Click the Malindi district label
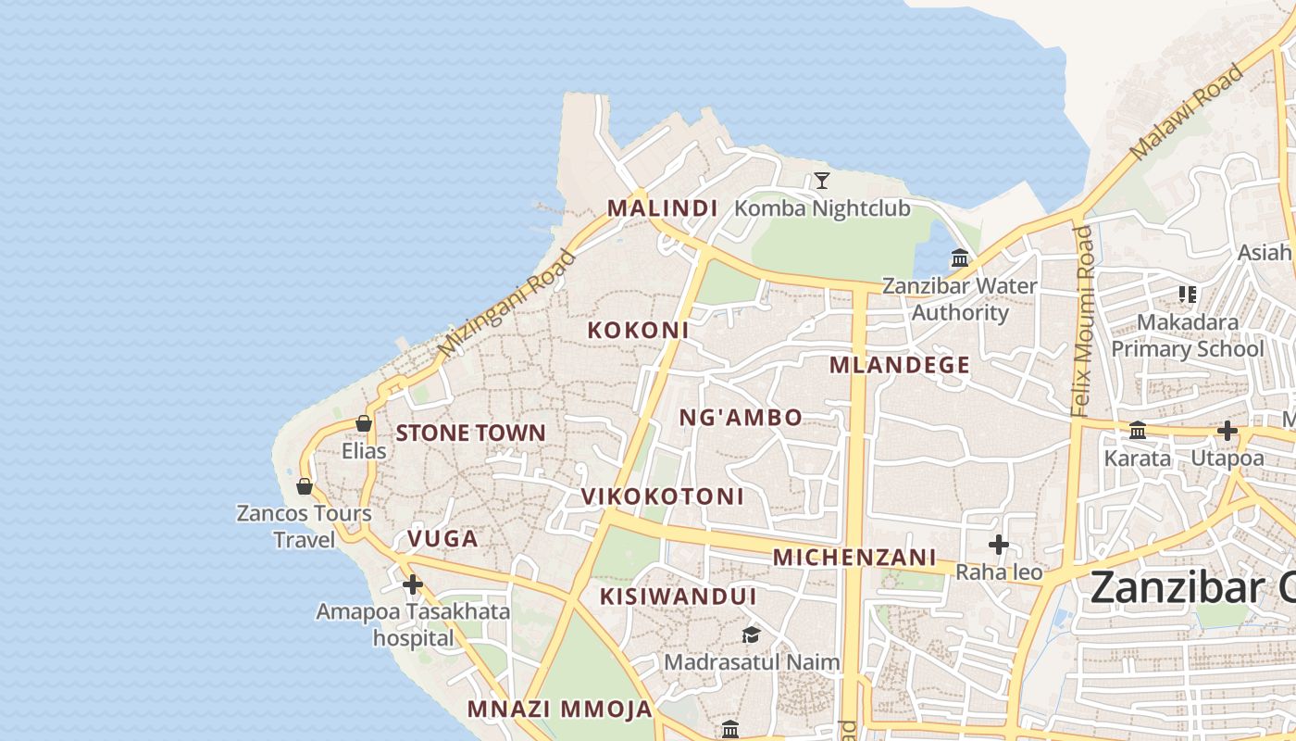[x=662, y=208]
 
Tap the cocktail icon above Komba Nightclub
[x=821, y=181]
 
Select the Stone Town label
[x=470, y=433]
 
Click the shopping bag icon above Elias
[x=364, y=423]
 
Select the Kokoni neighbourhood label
[x=638, y=330]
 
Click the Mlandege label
[x=899, y=365]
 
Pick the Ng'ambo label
[x=741, y=418]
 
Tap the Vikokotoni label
[x=662, y=496]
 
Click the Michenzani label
[x=854, y=558]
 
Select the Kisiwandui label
[x=678, y=597]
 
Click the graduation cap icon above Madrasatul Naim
[x=751, y=634]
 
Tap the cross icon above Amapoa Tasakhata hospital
[x=413, y=584]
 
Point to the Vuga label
[x=442, y=539]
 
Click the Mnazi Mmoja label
[x=559, y=710]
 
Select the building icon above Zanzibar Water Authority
[x=960, y=258]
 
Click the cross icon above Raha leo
[x=998, y=545]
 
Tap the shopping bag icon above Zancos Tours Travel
[x=304, y=486]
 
